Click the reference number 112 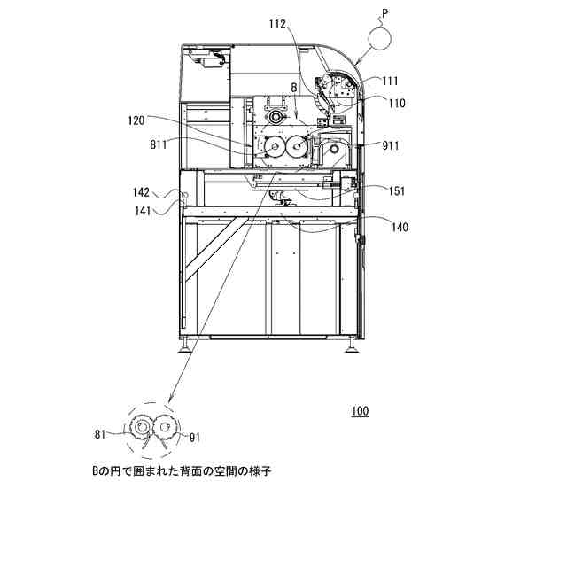(276, 25)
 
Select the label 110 (396, 103)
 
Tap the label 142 (141, 191)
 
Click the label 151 (396, 189)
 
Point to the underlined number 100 (359, 411)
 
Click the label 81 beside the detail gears (101, 433)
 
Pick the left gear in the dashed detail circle (140, 428)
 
